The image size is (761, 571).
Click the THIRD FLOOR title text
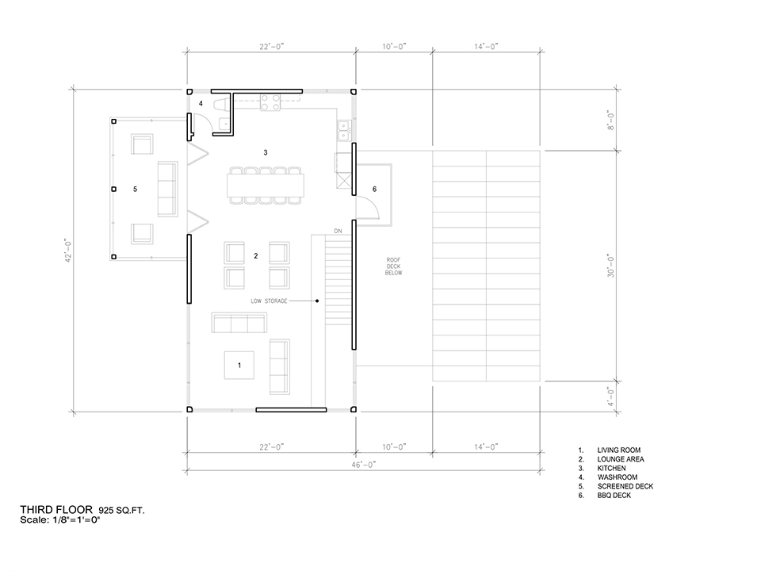click(56, 509)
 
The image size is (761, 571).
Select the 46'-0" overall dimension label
click(364, 465)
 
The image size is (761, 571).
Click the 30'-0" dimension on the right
click(611, 266)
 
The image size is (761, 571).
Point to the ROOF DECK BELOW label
click(394, 266)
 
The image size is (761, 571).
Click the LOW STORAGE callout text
click(269, 301)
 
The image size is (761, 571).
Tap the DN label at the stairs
click(338, 231)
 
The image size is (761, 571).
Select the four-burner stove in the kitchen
click(270, 102)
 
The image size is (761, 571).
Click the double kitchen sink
click(344, 130)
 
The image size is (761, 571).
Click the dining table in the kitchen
click(266, 185)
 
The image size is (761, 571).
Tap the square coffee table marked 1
click(239, 365)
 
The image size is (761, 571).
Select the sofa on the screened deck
click(167, 189)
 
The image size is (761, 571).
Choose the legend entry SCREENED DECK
click(625, 486)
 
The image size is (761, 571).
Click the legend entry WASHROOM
click(618, 477)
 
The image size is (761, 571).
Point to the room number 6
click(374, 189)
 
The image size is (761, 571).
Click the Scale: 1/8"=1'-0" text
click(60, 520)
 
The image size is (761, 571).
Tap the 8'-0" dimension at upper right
click(611, 120)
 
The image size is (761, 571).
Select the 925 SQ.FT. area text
click(121, 511)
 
